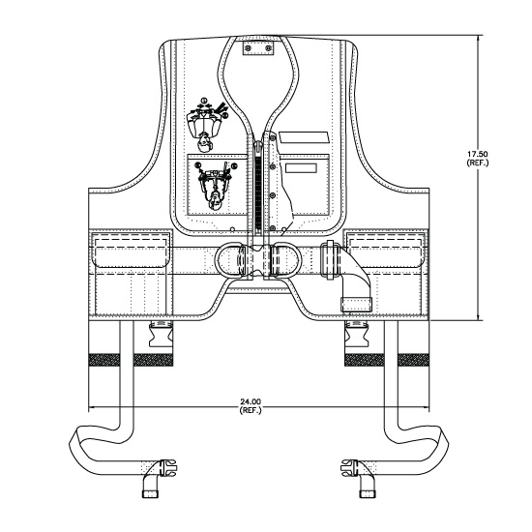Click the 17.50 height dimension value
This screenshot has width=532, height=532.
(x=478, y=154)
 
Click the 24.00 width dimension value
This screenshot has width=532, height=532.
(x=251, y=402)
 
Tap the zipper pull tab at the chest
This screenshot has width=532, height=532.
(x=258, y=148)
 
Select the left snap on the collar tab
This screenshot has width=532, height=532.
(x=249, y=48)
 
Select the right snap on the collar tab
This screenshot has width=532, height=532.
(x=268, y=48)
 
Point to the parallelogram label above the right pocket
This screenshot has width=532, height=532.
(x=304, y=137)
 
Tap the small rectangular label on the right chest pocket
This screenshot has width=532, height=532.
(x=301, y=168)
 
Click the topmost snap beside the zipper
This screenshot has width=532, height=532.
(x=272, y=137)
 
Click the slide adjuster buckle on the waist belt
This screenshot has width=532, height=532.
(x=331, y=260)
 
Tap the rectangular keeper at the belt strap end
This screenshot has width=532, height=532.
(x=356, y=305)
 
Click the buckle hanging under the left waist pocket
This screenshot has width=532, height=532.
(x=162, y=335)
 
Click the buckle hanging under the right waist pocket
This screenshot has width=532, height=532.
(x=356, y=335)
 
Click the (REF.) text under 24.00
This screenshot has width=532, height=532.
(x=251, y=410)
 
